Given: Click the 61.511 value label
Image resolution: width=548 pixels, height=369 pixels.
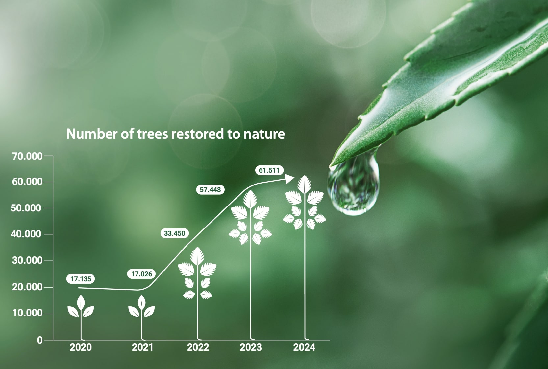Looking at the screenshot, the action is pos(269,170).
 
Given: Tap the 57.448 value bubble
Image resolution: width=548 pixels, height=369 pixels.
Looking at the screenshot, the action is pos(210,190).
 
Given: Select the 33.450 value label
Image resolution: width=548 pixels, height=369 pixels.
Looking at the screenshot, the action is pos(174,233).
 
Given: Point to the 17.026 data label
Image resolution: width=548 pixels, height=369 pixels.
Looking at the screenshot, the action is pos(141,274).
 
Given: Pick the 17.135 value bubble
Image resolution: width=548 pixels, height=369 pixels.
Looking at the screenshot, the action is pos(81,279).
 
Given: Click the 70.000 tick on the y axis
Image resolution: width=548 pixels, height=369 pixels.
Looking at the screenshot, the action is pos(27,156).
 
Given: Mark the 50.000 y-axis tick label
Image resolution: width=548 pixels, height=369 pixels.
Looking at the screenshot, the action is pos(26,208).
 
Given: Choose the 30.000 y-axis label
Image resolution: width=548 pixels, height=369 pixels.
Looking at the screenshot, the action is pos(27,261).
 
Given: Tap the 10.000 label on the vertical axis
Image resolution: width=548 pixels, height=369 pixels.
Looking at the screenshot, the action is pos(27,313).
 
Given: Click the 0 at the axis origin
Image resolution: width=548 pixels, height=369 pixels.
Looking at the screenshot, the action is pos(40,340).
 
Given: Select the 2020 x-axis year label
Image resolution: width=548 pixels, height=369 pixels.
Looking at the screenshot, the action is pos(81,347).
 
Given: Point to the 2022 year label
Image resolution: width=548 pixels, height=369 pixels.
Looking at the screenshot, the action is pos(198,347).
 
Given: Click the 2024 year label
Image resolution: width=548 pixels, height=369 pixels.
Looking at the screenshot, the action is pos(304,347).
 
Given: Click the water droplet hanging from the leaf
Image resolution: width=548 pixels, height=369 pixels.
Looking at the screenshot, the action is pos(353,185).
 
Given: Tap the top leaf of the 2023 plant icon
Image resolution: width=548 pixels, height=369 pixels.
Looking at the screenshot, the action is pos(250,199).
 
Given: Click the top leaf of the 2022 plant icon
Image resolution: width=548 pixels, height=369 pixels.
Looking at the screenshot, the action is pos(197,256).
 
